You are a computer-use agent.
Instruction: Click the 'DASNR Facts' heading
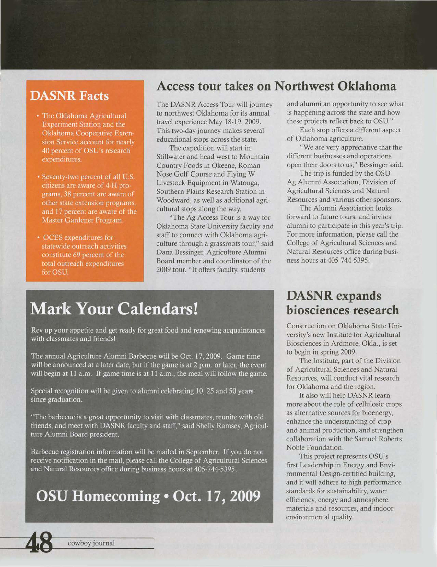click(69, 96)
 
